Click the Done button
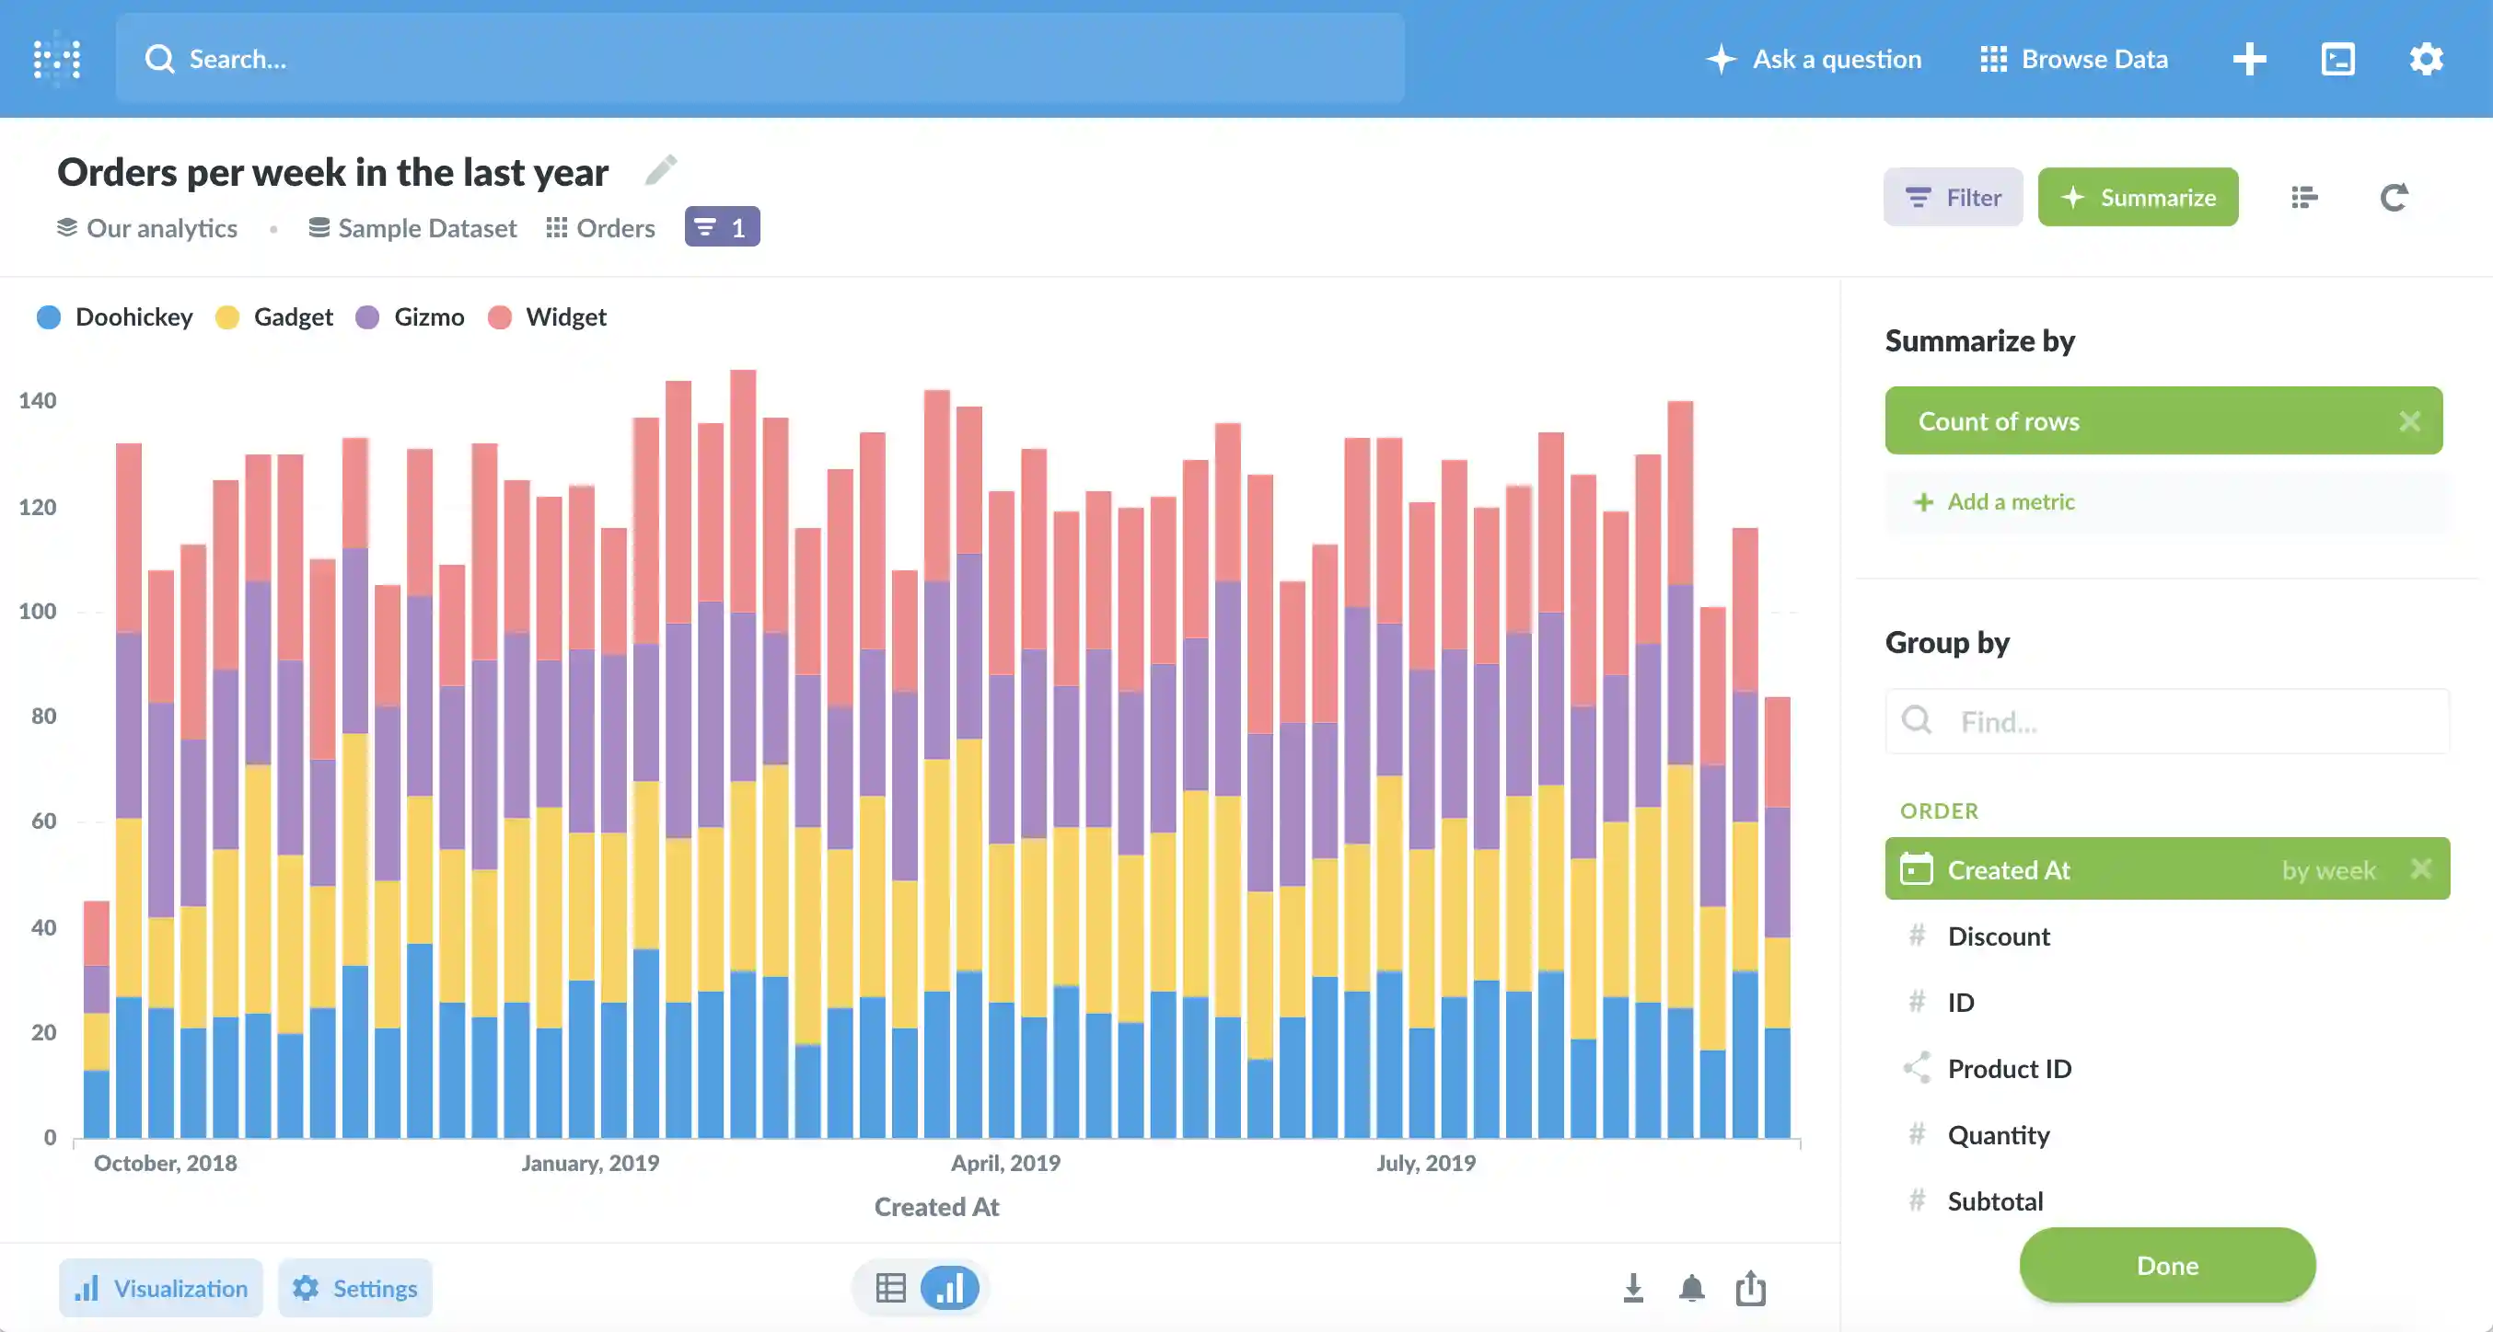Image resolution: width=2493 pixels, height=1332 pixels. click(2166, 1264)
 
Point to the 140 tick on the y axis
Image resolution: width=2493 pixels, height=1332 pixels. click(37, 400)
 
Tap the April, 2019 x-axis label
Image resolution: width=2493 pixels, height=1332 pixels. click(1004, 1163)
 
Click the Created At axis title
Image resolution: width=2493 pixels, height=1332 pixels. click(936, 1206)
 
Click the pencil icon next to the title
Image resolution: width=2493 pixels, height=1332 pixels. click(661, 170)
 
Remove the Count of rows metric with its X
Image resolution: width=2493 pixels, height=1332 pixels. click(2409, 420)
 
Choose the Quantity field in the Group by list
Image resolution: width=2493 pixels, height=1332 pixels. click(1998, 1134)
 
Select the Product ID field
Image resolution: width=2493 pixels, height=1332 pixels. click(2008, 1069)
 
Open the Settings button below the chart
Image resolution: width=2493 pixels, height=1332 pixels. click(355, 1288)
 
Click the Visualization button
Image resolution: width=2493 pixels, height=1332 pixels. click(162, 1288)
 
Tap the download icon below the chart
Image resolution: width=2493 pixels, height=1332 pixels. click(1632, 1288)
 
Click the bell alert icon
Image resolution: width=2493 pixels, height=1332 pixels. click(1691, 1288)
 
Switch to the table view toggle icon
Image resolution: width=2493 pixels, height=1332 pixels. click(890, 1288)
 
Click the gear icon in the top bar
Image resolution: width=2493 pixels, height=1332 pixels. click(2425, 59)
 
